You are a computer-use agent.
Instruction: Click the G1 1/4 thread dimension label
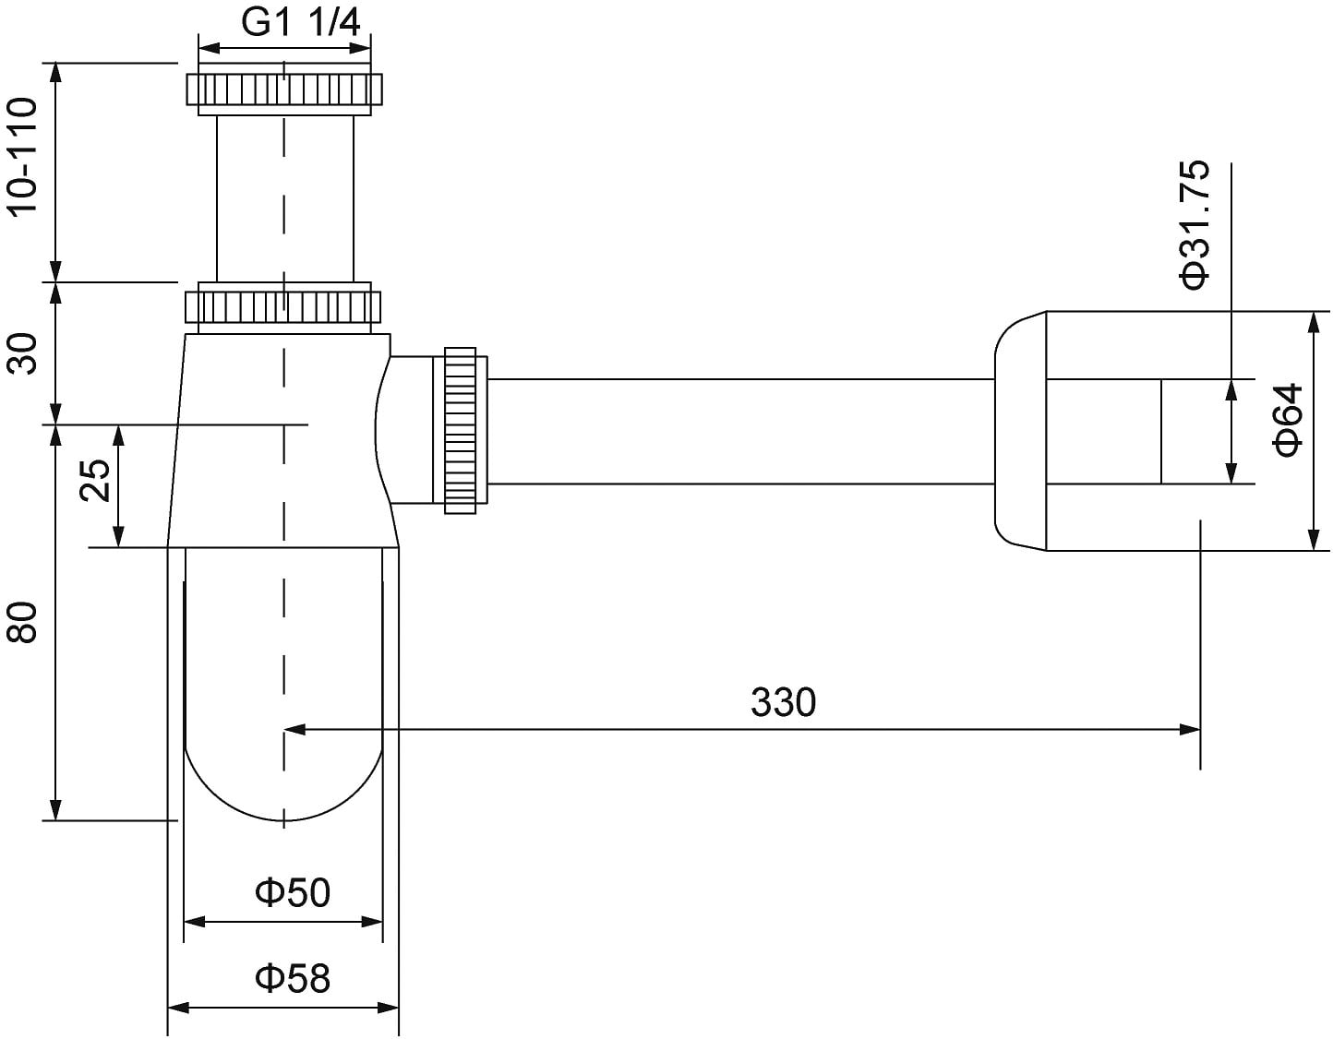[x=301, y=23]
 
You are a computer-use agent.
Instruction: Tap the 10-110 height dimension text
[x=22, y=156]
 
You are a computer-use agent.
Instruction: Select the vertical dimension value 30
[x=22, y=352]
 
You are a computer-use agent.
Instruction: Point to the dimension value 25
[x=95, y=480]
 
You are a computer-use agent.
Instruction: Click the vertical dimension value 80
[x=22, y=622]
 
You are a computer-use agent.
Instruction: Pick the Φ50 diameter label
[x=293, y=892]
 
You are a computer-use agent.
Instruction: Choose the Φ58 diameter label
[x=293, y=977]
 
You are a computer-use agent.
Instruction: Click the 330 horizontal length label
[x=783, y=703]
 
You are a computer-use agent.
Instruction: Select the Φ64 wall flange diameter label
[x=1288, y=420]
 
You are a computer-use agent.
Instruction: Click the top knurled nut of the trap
[x=284, y=90]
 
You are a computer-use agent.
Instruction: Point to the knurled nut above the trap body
[x=283, y=306]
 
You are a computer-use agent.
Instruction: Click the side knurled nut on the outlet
[x=460, y=430]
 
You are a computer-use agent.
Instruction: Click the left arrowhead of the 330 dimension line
[x=294, y=729]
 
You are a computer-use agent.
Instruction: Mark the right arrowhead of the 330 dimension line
[x=1191, y=729]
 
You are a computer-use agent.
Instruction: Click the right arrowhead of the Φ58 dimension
[x=390, y=1007]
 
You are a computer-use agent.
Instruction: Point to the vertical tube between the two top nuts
[x=284, y=198]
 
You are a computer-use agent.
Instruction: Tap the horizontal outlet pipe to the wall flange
[x=739, y=431]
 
